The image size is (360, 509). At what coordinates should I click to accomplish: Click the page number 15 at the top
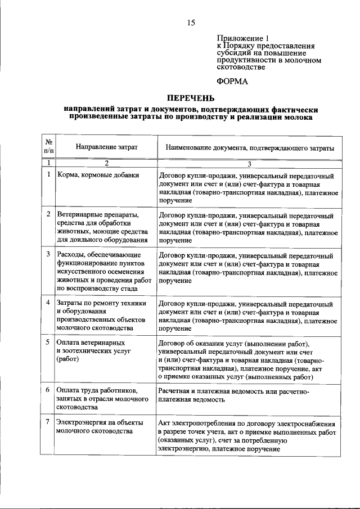(x=191, y=22)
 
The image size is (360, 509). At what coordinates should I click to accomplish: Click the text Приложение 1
(x=240, y=39)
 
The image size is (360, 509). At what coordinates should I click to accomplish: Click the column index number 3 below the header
(x=250, y=163)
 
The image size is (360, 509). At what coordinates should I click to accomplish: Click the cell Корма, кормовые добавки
(x=98, y=175)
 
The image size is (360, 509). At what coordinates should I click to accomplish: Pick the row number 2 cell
(x=48, y=215)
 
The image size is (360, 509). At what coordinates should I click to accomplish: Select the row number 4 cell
(x=48, y=304)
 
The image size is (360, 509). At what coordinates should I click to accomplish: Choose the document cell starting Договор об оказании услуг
(x=248, y=359)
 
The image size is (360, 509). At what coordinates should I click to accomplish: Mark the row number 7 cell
(x=48, y=422)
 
